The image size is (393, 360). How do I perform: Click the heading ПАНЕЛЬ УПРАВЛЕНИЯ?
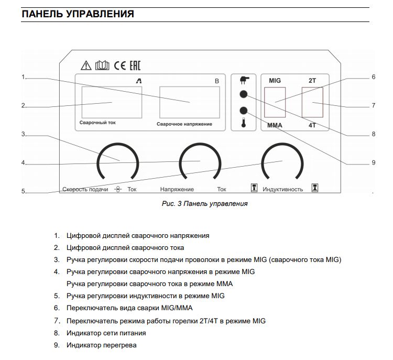tap(78, 14)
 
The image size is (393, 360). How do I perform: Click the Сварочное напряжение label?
tap(184, 124)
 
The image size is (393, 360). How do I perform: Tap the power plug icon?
tap(243, 80)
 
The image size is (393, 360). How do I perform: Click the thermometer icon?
tap(243, 124)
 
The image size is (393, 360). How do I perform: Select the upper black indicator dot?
tap(243, 95)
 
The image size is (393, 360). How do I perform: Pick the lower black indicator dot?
tap(243, 111)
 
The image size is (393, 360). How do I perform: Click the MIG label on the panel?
tap(275, 81)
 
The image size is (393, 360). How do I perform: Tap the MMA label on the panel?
tap(276, 126)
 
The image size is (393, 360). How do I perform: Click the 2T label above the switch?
tap(312, 81)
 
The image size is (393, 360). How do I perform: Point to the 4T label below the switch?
tap(312, 126)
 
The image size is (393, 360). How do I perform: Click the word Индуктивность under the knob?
tap(283, 189)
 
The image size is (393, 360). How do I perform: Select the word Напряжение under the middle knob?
tap(177, 189)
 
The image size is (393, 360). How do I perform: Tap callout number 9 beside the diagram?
tap(374, 162)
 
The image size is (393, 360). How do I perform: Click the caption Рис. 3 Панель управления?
tap(204, 204)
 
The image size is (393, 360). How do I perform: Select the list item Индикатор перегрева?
tap(101, 345)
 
